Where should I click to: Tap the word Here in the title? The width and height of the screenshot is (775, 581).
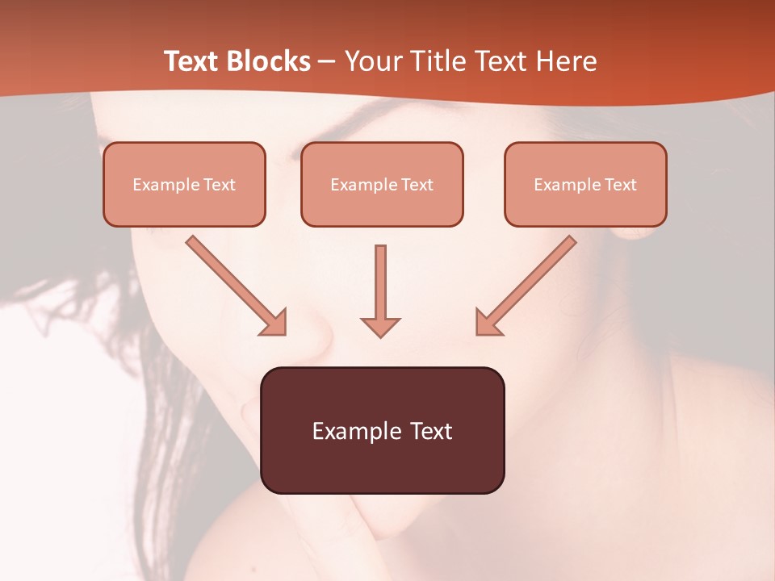click(567, 61)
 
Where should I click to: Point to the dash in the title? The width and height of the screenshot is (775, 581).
click(327, 62)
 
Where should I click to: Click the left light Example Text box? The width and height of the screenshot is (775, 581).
click(184, 185)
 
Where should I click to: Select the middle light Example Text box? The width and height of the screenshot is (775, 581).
click(382, 185)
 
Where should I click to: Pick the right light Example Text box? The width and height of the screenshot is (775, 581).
click(585, 185)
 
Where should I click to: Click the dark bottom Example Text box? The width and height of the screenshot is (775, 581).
click(382, 430)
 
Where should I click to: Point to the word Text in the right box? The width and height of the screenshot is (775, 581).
click(621, 185)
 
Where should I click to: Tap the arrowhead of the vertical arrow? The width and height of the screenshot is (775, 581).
click(380, 326)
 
